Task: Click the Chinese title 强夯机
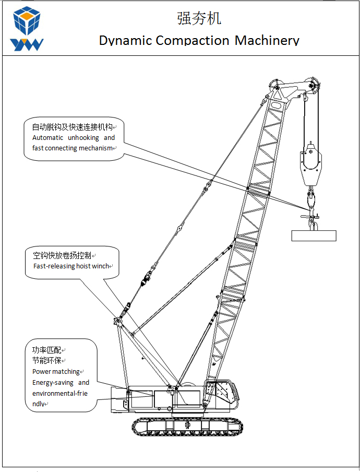pos(199,18)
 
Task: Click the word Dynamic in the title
pos(125,41)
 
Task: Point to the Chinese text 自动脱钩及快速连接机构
pos(72,127)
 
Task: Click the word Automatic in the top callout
pos(48,138)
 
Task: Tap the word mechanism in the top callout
pos(95,148)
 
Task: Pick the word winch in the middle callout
pos(101,266)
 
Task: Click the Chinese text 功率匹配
pos(46,350)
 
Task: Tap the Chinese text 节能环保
pos(46,360)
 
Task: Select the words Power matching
pos(56,372)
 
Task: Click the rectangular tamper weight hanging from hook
pos(314,235)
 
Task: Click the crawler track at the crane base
pos(187,427)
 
